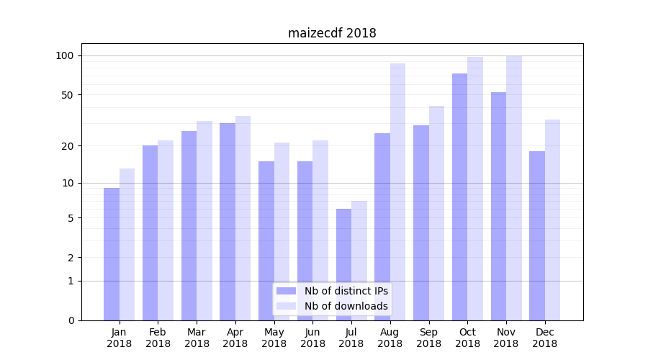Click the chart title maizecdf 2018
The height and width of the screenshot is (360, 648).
pos(332,33)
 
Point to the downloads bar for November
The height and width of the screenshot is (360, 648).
pos(514,188)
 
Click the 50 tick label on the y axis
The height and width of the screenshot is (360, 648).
pos(68,95)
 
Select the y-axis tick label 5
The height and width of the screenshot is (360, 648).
pos(71,218)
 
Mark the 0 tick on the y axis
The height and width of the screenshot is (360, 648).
pos(71,320)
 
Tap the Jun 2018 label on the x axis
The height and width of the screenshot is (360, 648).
pos(312,338)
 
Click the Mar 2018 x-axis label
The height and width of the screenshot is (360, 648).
pos(197,338)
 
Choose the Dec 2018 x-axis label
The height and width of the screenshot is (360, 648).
pos(545,338)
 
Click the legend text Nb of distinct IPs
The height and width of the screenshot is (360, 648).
pos(346,291)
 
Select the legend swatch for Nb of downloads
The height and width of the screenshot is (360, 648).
pos(287,306)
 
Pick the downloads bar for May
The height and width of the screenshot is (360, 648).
pos(282,231)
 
